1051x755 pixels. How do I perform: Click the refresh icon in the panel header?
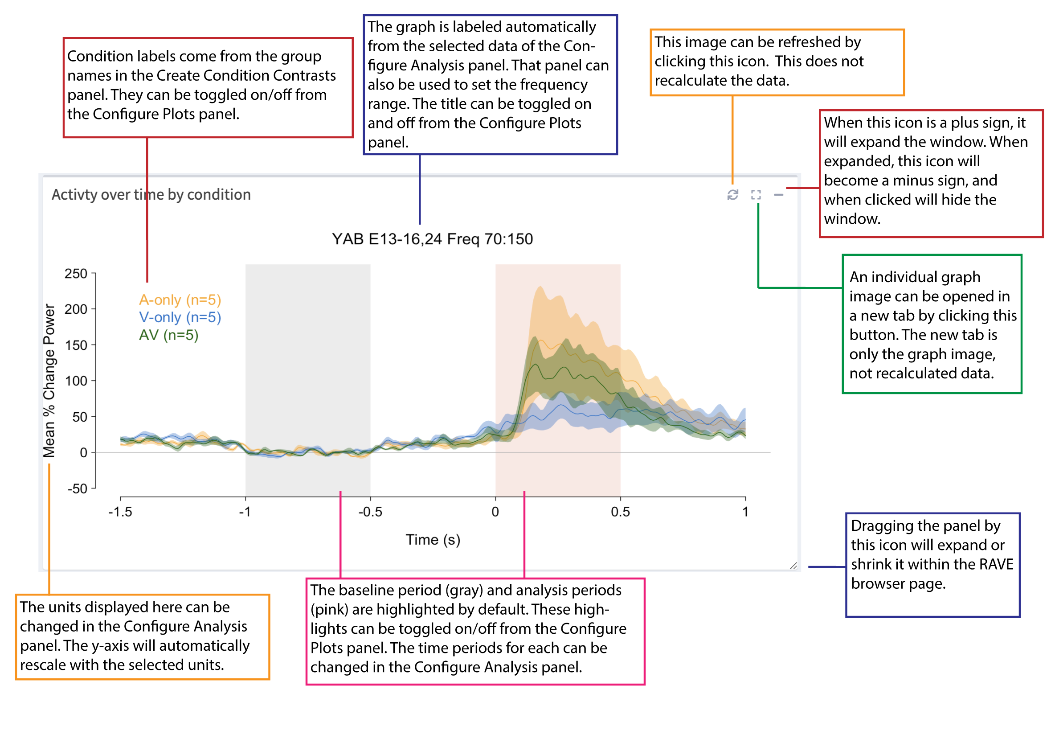[x=732, y=195]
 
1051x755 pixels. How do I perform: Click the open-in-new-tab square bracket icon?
[x=756, y=195]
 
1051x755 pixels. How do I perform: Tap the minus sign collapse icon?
[x=778, y=195]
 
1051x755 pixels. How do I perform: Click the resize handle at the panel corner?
[x=793, y=566]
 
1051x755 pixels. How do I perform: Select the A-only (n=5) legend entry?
[x=180, y=300]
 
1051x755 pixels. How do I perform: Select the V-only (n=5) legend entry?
[x=180, y=317]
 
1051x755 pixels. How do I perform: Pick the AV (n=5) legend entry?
[x=169, y=335]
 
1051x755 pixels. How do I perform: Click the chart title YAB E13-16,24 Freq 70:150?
[x=432, y=239]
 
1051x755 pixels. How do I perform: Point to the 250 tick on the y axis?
[x=76, y=274]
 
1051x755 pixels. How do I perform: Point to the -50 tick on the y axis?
[x=77, y=488]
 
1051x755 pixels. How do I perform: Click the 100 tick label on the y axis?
[x=76, y=381]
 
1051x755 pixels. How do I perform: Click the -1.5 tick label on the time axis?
[x=120, y=512]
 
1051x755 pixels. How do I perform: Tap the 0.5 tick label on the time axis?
[x=620, y=512]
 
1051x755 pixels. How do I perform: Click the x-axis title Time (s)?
[x=433, y=539]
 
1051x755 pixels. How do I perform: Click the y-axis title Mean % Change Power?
[x=49, y=381]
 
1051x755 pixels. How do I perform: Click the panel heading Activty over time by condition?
[x=151, y=195]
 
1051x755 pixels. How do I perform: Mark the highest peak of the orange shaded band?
[x=540, y=287]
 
